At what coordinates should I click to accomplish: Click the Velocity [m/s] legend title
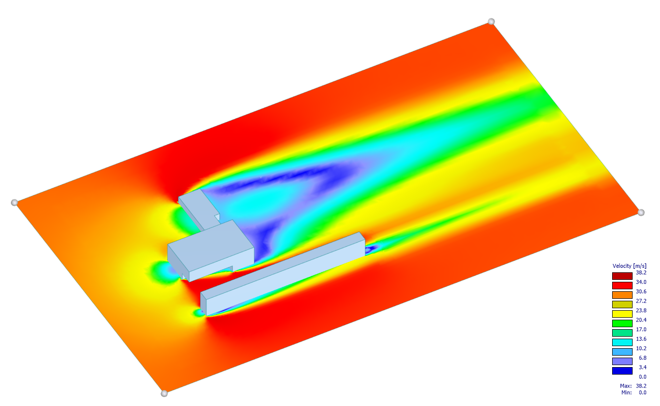click(630, 266)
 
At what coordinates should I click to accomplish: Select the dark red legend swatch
click(622, 276)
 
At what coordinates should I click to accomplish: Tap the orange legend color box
click(622, 295)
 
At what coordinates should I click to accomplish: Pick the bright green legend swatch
click(622, 323)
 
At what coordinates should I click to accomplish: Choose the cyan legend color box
click(622, 342)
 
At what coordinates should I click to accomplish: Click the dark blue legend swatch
click(622, 371)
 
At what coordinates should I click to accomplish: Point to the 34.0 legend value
click(641, 282)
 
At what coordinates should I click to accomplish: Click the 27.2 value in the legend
click(641, 301)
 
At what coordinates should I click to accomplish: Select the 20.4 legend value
click(641, 320)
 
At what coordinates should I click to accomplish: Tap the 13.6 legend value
click(641, 339)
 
